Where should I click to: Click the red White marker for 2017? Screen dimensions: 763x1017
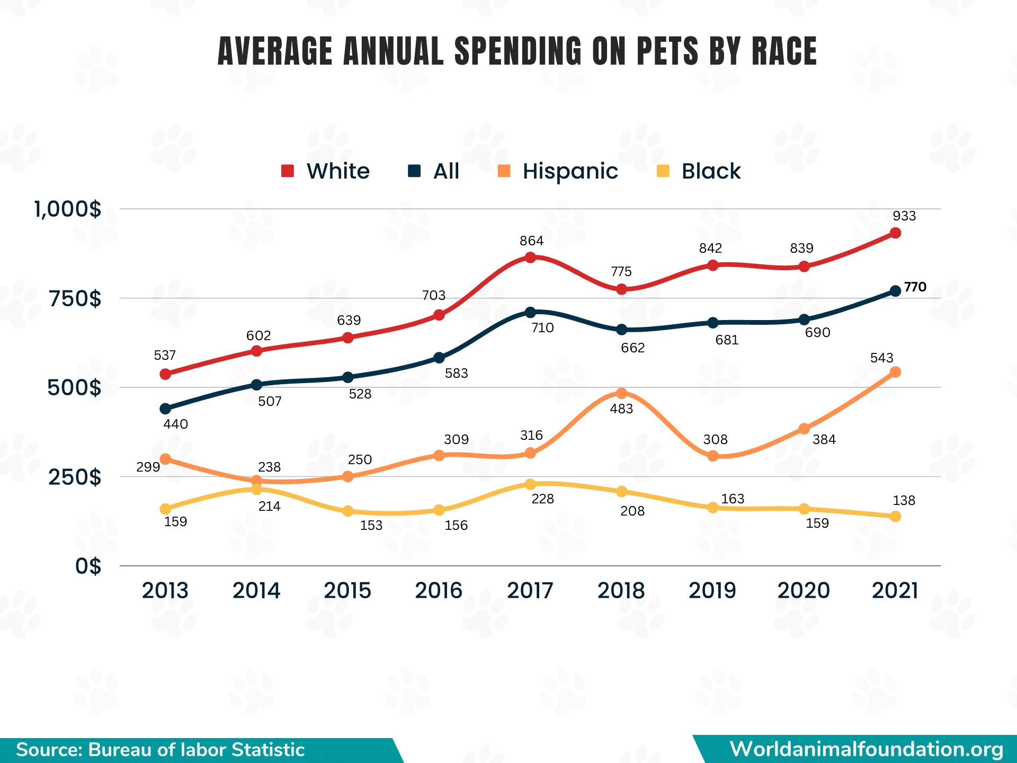coord(530,258)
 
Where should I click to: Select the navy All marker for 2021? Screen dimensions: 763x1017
coord(895,291)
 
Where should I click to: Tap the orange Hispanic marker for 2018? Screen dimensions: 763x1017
coord(621,393)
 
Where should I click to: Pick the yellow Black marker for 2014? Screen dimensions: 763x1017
coord(256,489)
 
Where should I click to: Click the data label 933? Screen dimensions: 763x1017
coord(904,216)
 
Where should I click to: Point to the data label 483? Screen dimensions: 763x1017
coord(621,409)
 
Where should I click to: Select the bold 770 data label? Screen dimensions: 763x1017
coord(915,287)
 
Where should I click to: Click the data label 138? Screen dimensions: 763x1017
coord(904,501)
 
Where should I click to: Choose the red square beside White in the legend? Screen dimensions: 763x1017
coord(288,171)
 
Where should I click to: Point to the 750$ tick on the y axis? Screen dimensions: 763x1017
coord(74,299)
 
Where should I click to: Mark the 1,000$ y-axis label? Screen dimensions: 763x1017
coord(68,210)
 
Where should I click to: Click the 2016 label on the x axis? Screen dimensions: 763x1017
coord(439,590)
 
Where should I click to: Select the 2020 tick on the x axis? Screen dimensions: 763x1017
coord(804,590)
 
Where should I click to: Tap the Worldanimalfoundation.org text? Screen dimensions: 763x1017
coord(867,749)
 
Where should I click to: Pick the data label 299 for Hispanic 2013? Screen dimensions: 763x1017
coord(148,467)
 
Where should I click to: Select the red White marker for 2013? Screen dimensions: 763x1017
coord(165,374)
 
